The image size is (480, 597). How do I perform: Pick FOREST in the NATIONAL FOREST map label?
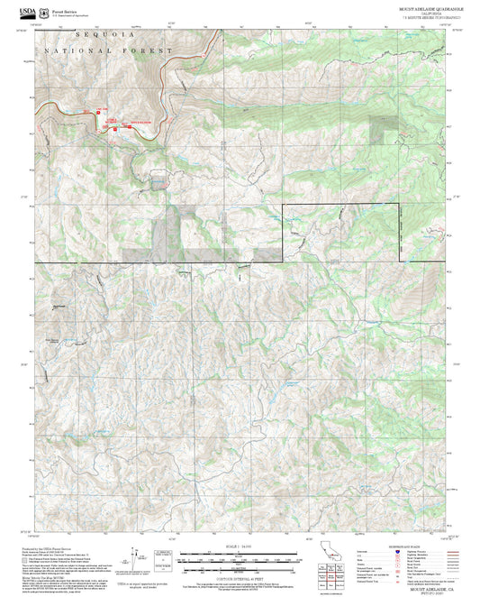click(144, 51)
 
